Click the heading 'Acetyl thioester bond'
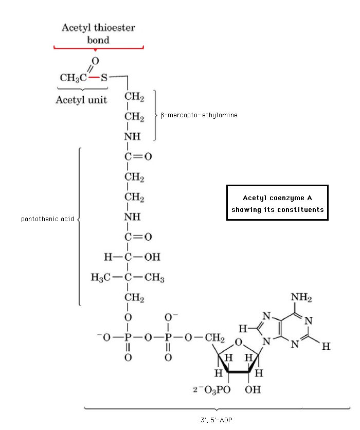(x=99, y=33)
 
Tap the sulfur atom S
(x=104, y=78)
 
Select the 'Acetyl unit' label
(x=81, y=100)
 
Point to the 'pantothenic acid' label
(x=47, y=219)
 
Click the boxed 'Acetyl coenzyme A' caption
(x=277, y=203)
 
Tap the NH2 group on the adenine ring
(x=301, y=298)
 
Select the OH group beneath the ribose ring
(x=253, y=389)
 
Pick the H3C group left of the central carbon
(x=100, y=278)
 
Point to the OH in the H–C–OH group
(x=152, y=257)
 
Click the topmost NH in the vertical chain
(x=132, y=137)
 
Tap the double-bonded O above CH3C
(x=95, y=62)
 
